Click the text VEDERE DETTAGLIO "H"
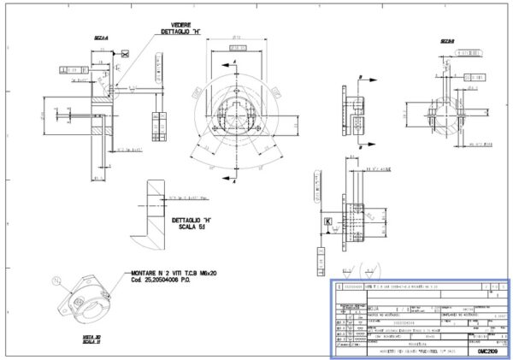tap(180, 28)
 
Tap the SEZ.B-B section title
tap(446, 40)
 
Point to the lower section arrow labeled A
tap(233, 170)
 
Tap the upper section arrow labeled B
tap(363, 77)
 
